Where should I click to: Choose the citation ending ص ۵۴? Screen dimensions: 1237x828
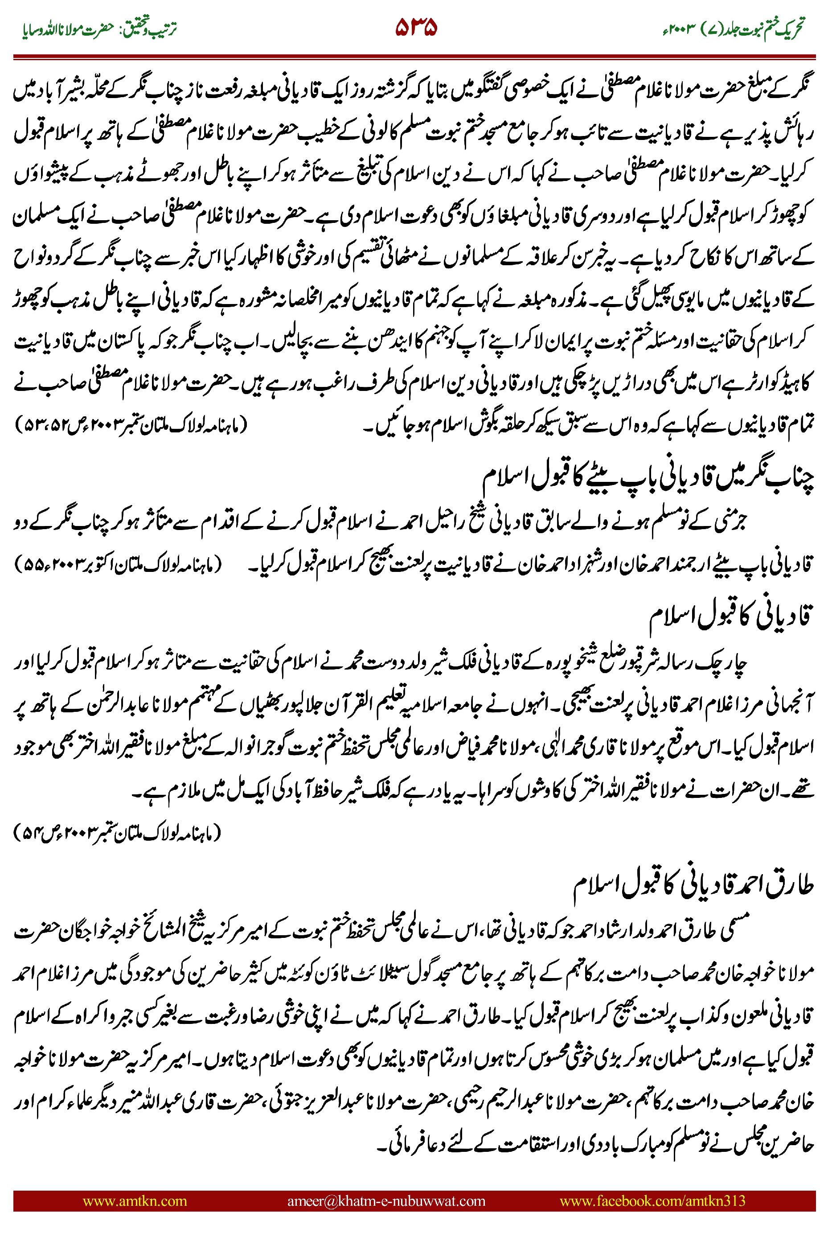pyautogui.click(x=116, y=833)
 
